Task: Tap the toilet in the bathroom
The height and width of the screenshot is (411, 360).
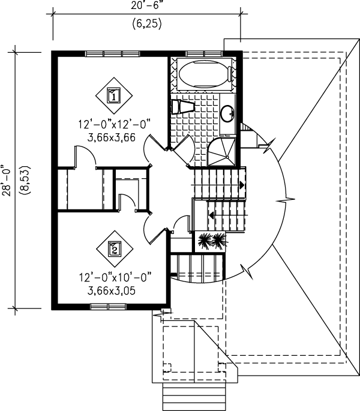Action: (184, 107)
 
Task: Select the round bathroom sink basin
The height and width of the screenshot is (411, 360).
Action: (227, 113)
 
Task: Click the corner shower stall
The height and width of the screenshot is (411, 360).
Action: (221, 152)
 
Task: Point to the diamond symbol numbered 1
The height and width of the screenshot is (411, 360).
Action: (114, 95)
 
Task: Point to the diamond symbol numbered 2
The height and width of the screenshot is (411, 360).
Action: (115, 249)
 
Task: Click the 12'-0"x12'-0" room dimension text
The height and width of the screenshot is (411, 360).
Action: (115, 124)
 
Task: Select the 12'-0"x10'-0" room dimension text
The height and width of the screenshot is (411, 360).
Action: (115, 277)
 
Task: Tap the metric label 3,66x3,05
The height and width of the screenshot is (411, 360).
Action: (112, 290)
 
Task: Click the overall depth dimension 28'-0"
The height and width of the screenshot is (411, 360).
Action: (7, 181)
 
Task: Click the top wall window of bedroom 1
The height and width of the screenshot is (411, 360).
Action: (112, 54)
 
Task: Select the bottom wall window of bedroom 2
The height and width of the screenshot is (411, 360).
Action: (108, 307)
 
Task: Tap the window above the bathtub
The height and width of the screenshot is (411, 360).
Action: (204, 54)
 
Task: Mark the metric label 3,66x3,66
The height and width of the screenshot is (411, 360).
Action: (112, 137)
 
